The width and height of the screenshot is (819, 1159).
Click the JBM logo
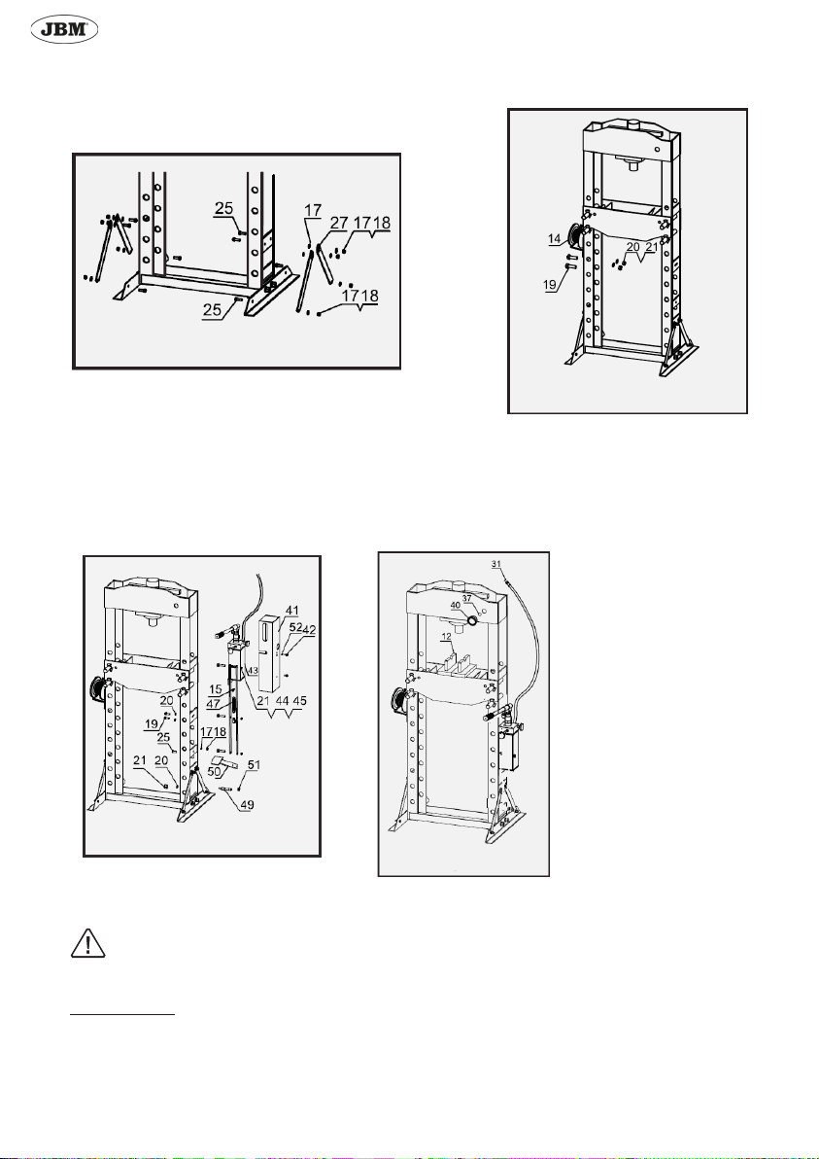tap(63, 31)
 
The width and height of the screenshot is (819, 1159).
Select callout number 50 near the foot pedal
tap(215, 771)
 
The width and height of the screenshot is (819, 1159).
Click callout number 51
tap(253, 765)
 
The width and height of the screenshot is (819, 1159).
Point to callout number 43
tap(252, 670)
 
